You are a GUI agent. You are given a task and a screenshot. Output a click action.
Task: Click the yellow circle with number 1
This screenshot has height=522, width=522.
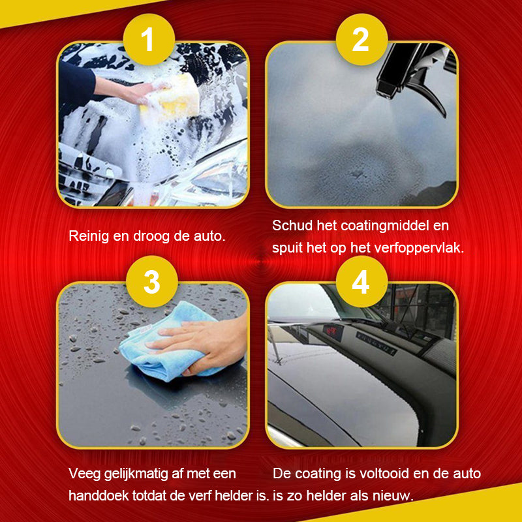pyautogui.click(x=148, y=40)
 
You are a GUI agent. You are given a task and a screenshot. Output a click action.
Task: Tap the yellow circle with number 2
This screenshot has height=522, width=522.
pyautogui.click(x=361, y=40)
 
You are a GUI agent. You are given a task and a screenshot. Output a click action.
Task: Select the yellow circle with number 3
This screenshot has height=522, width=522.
pyautogui.click(x=151, y=282)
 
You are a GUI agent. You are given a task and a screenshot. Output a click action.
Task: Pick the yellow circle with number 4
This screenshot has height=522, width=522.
pyautogui.click(x=361, y=282)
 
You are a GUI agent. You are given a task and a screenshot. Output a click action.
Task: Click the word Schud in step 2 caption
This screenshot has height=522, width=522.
pyautogui.click(x=290, y=226)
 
